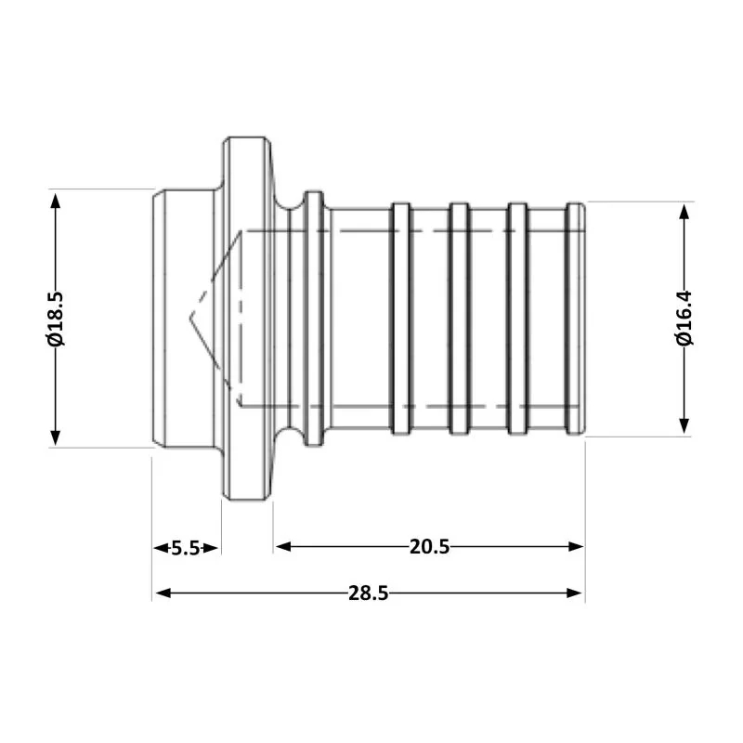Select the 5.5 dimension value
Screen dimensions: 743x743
click(x=186, y=547)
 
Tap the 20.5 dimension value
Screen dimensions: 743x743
click(x=429, y=547)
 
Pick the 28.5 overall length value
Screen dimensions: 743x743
click(x=368, y=593)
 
